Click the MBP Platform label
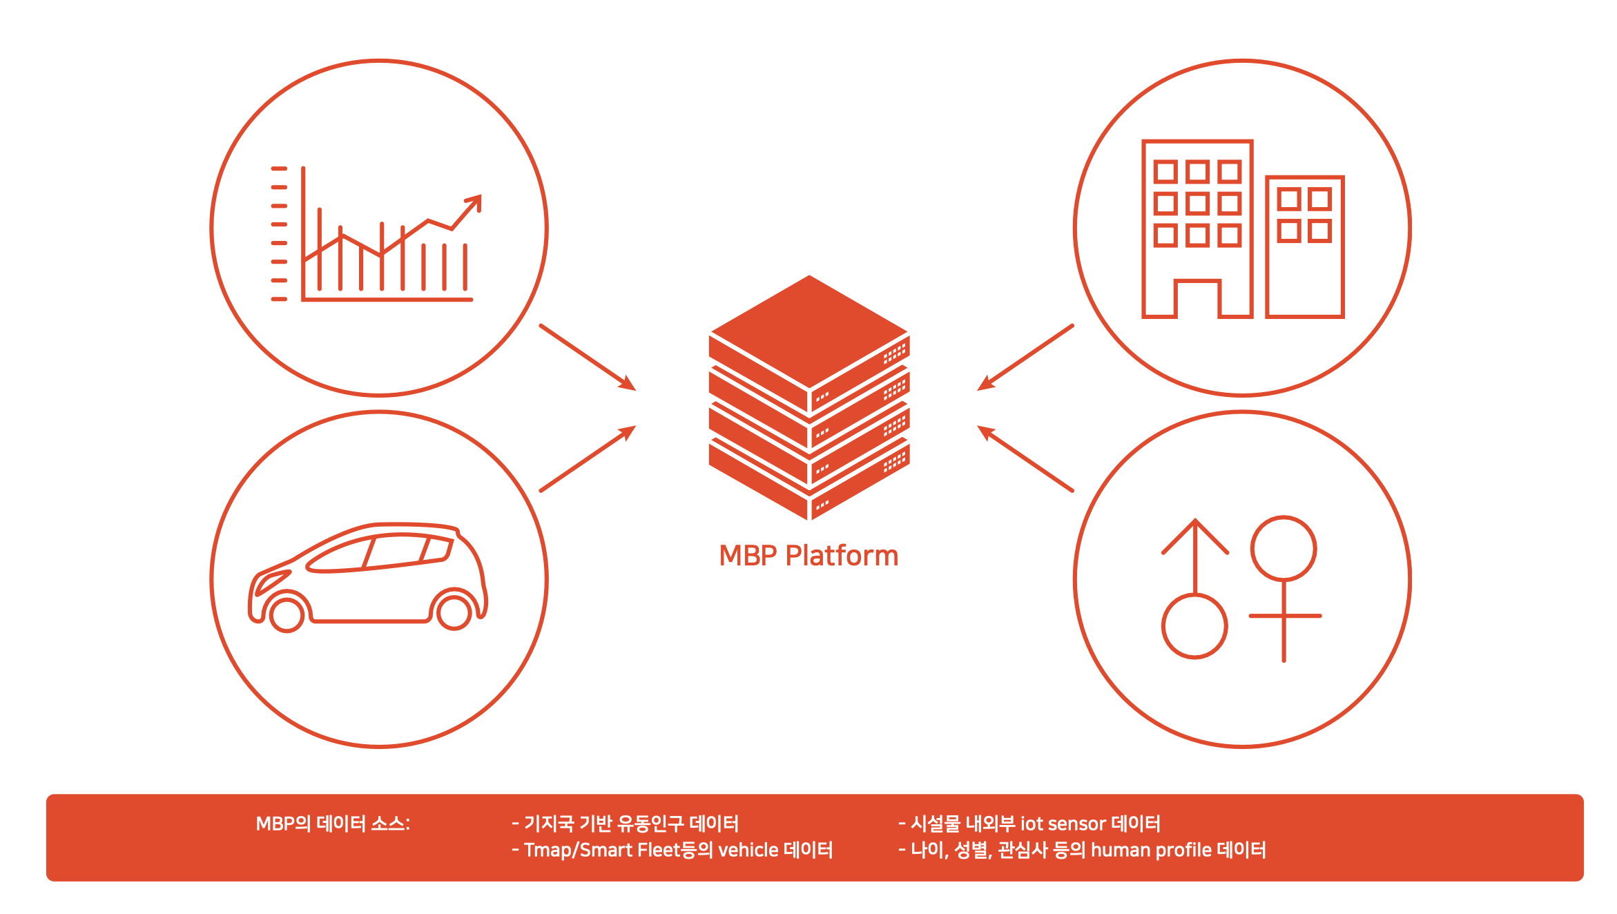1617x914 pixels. tap(808, 556)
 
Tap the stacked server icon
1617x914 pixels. tap(809, 398)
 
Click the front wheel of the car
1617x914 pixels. tap(287, 614)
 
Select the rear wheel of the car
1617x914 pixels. tap(454, 612)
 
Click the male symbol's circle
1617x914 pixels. tap(1194, 626)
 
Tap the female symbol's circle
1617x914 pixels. tap(1284, 549)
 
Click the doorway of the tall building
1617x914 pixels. tap(1198, 298)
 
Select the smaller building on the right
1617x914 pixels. tap(1305, 247)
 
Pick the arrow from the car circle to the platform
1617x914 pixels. tap(588, 458)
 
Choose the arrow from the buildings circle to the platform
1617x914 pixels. tap(1025, 358)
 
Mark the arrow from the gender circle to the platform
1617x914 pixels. tap(1025, 458)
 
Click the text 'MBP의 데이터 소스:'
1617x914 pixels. tap(333, 824)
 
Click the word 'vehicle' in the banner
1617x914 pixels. tap(748, 850)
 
